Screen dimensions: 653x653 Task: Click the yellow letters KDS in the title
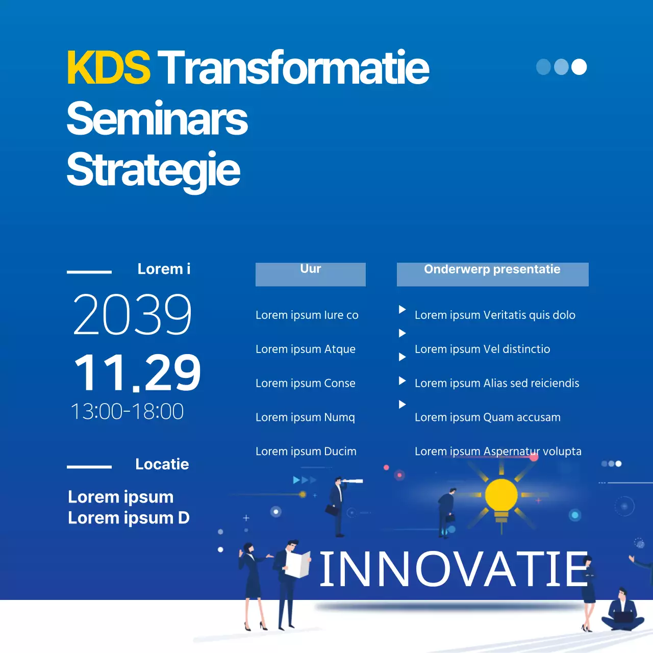click(108, 67)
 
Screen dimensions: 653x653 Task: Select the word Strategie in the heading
click(153, 170)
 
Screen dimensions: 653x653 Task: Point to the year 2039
click(133, 314)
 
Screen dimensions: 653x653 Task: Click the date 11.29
click(137, 373)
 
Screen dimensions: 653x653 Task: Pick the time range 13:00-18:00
click(127, 411)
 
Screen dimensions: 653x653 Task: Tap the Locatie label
click(162, 464)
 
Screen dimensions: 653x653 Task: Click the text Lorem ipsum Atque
click(306, 349)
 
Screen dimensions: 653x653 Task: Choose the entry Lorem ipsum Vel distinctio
click(482, 349)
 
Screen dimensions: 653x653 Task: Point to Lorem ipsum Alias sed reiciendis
click(497, 383)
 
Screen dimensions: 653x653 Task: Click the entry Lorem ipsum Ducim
click(306, 451)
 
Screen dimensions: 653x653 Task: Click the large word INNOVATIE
click(454, 569)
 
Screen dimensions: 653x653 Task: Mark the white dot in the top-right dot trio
click(579, 67)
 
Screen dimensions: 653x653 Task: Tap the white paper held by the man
click(298, 564)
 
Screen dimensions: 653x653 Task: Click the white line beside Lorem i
click(89, 272)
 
